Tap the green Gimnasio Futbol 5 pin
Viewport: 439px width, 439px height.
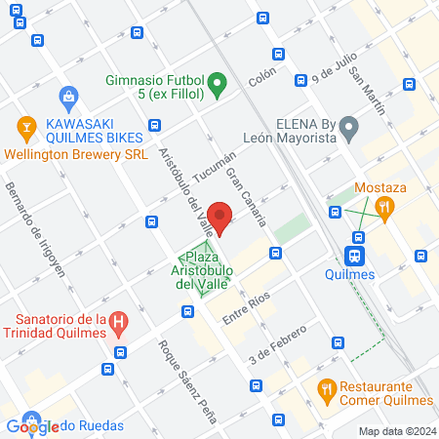coord(219,85)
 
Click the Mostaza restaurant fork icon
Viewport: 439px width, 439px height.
coord(386,206)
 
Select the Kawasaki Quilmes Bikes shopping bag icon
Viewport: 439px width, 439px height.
coord(67,96)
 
